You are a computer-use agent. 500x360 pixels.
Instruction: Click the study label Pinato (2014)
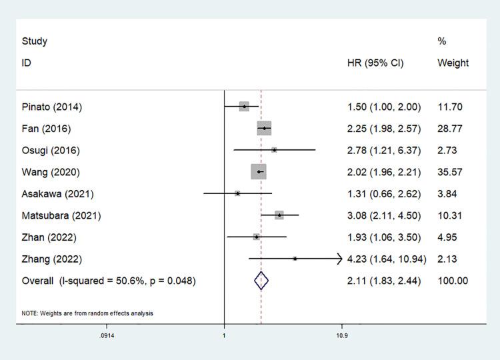52,107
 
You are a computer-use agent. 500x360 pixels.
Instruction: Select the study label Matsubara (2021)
61,215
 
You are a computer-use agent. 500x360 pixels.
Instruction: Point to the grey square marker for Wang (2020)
259,172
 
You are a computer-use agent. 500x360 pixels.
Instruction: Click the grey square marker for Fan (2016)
265,129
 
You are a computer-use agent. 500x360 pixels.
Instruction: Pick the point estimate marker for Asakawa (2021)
237,193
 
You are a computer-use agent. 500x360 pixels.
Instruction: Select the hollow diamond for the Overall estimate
261,281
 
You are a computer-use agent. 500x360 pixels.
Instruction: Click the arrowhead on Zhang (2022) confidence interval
339,258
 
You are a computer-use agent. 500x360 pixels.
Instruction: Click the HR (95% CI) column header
375,63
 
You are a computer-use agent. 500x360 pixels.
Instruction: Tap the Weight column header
453,63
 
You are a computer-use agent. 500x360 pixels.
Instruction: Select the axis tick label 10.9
341,335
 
